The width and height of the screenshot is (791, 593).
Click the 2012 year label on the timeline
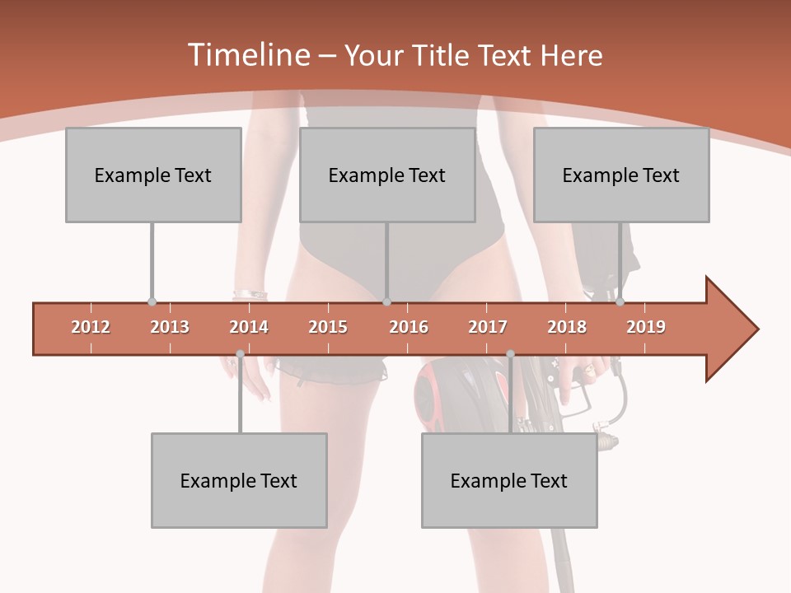pyautogui.click(x=91, y=327)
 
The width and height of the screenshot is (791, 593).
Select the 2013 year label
pyautogui.click(x=170, y=327)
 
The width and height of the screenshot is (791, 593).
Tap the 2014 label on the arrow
pyautogui.click(x=249, y=327)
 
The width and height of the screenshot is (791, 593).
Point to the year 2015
pyautogui.click(x=328, y=327)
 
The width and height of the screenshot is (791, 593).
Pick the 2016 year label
pyautogui.click(x=409, y=327)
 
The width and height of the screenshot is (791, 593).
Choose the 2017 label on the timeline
pyautogui.click(x=488, y=327)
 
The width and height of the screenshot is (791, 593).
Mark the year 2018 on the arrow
pyautogui.click(x=567, y=327)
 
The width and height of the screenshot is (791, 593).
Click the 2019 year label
pyautogui.click(x=646, y=327)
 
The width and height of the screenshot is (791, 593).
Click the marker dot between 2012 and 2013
pyautogui.click(x=152, y=302)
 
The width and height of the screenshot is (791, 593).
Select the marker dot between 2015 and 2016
pyautogui.click(x=386, y=302)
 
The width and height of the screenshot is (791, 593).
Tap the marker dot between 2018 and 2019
pyautogui.click(x=620, y=302)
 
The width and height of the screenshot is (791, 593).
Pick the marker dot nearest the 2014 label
pyautogui.click(x=240, y=354)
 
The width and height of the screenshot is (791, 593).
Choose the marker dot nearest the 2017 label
pyautogui.click(x=510, y=354)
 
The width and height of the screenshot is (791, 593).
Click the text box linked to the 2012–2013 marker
pyautogui.click(x=153, y=175)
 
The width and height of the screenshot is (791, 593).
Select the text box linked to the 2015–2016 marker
pyautogui.click(x=387, y=175)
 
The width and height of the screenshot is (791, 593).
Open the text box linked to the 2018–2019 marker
pyautogui.click(x=621, y=175)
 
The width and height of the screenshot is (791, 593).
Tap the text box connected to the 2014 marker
pyautogui.click(x=239, y=480)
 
